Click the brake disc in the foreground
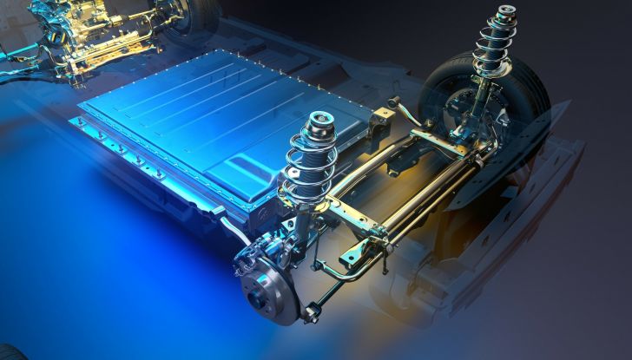point(271,291)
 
